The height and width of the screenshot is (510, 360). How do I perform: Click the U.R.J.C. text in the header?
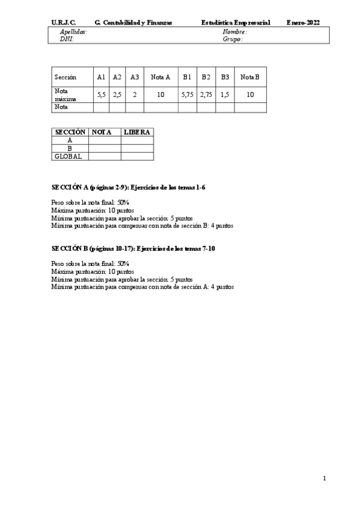[63, 22]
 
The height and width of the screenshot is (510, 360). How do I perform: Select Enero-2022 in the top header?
[304, 22]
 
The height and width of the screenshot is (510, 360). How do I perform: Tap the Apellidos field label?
[73, 31]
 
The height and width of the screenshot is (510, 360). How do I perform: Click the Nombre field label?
[234, 31]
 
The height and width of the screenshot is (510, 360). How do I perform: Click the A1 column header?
[101, 77]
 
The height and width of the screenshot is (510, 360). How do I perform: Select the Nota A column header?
[160, 77]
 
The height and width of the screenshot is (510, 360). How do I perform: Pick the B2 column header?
[206, 77]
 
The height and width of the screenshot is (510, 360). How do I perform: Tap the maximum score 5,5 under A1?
[101, 94]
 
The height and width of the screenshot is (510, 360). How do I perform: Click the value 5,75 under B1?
[187, 94]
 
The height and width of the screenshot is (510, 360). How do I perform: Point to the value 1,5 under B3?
[225, 94]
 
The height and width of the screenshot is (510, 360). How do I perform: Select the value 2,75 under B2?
[206, 94]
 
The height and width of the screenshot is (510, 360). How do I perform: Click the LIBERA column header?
[137, 132]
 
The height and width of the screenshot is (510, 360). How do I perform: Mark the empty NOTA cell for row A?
[105, 140]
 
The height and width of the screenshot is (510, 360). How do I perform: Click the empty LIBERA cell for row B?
[137, 148]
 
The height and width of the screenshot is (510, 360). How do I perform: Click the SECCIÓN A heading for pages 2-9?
[129, 188]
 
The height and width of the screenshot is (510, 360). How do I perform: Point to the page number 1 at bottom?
[324, 478]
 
